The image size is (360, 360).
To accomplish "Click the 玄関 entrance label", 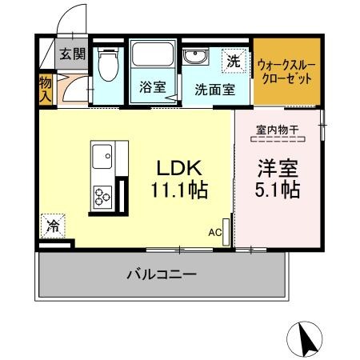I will click(x=71, y=54).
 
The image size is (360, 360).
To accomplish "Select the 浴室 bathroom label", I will click(x=152, y=87).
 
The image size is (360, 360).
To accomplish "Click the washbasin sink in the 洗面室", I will click(x=194, y=57).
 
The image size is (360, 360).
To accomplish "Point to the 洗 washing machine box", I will click(x=233, y=60).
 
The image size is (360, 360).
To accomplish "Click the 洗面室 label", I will click(x=215, y=89).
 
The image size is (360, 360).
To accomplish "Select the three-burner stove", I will click(x=104, y=195).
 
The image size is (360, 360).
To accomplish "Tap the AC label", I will click(x=214, y=232).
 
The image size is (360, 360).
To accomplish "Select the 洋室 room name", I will click(x=278, y=169).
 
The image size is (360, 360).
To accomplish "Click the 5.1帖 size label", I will click(x=278, y=190).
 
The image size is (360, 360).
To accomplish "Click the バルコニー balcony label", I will click(x=161, y=274).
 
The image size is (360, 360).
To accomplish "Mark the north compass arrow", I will click(x=305, y=338).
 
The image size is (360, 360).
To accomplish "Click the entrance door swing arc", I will click(x=74, y=18).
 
